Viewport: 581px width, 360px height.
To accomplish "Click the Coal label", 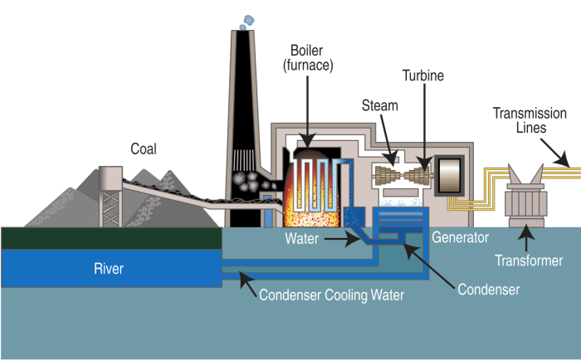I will tap(144, 148).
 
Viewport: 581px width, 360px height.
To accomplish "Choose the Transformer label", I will tap(529, 260).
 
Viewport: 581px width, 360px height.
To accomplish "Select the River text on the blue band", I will tap(112, 268).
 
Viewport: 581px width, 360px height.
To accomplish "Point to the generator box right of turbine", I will tap(450, 176).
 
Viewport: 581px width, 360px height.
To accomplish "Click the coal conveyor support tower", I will tap(110, 194).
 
